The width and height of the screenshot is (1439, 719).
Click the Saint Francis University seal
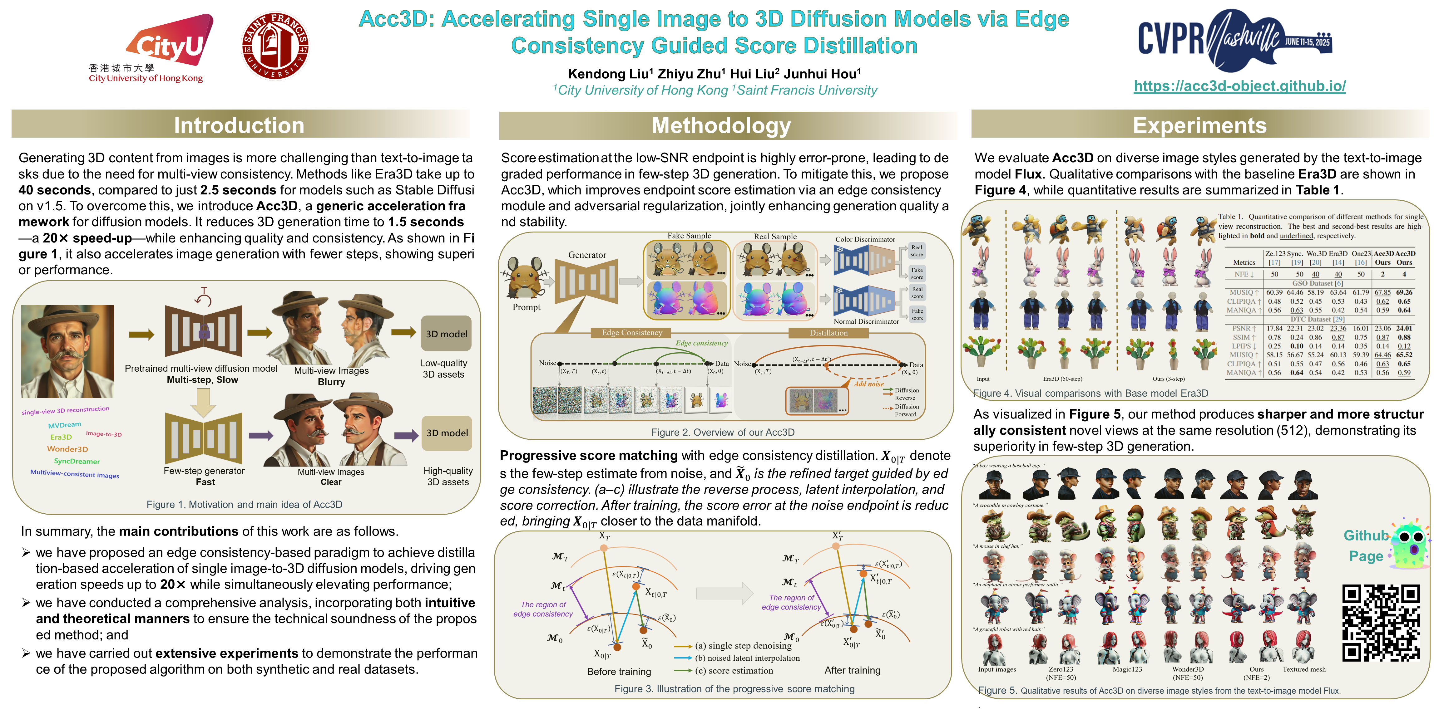275,46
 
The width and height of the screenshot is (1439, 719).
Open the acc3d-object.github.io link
1239,86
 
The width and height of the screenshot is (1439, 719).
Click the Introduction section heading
239,125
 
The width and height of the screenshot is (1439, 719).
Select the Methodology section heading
721,125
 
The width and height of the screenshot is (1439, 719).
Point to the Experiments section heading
1199,125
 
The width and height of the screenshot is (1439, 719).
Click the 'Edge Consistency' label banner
632,333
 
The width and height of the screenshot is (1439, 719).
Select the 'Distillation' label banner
828,333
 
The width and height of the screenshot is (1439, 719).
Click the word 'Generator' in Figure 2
586,255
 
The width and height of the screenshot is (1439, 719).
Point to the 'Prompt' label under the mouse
526,307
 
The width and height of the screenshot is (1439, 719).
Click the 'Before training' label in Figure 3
619,672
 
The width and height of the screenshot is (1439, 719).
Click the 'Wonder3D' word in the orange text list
67,449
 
